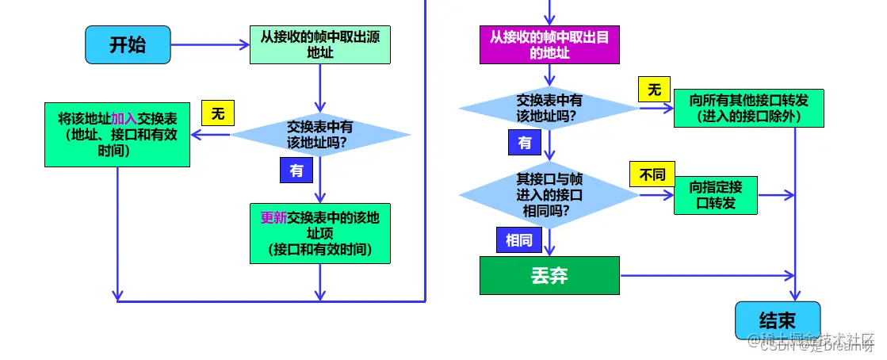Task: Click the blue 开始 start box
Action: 128,44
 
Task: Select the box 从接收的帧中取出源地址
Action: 319,44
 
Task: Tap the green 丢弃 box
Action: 549,275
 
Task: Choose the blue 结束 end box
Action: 777,320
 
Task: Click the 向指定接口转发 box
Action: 715,194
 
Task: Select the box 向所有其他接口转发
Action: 749,107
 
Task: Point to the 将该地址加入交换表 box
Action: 117,132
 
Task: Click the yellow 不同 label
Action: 652,174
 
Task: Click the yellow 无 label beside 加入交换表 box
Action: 218,113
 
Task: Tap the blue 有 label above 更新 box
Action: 296,170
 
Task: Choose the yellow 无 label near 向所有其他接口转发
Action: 654,90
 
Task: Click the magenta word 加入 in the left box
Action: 124,118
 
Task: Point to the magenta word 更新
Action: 273,217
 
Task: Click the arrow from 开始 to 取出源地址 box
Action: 209,44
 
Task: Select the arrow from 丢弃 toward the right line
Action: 705,275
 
